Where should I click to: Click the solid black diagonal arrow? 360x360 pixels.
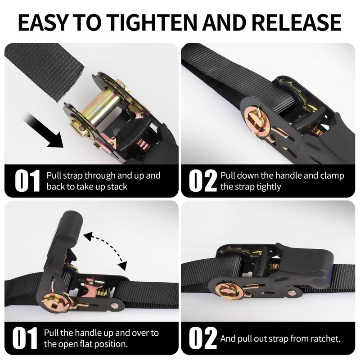pos(43,130)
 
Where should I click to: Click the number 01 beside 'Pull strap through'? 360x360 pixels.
pos(27,181)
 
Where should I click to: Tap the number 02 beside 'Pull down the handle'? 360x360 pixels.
pos(203,181)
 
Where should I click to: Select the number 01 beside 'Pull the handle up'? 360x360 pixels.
pos(25,338)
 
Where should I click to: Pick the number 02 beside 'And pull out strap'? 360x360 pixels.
pos(203,338)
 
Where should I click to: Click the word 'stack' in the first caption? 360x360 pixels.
pos(117,187)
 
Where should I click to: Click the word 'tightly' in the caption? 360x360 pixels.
pos(269,187)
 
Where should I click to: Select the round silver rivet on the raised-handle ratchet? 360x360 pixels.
pos(114,306)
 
